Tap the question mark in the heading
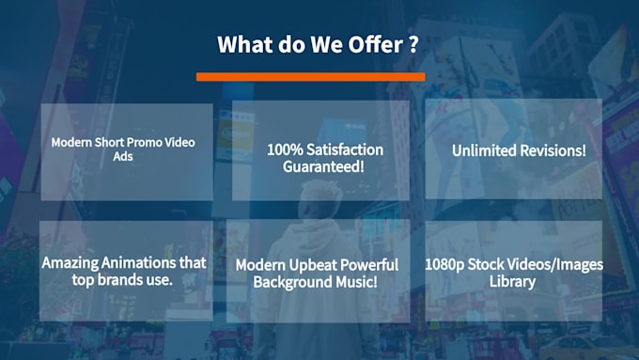pos(413,44)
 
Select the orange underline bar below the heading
pos(310,76)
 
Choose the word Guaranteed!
pos(323,166)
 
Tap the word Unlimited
pos(485,150)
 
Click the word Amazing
pos(71,262)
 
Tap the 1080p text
pos(448,264)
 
